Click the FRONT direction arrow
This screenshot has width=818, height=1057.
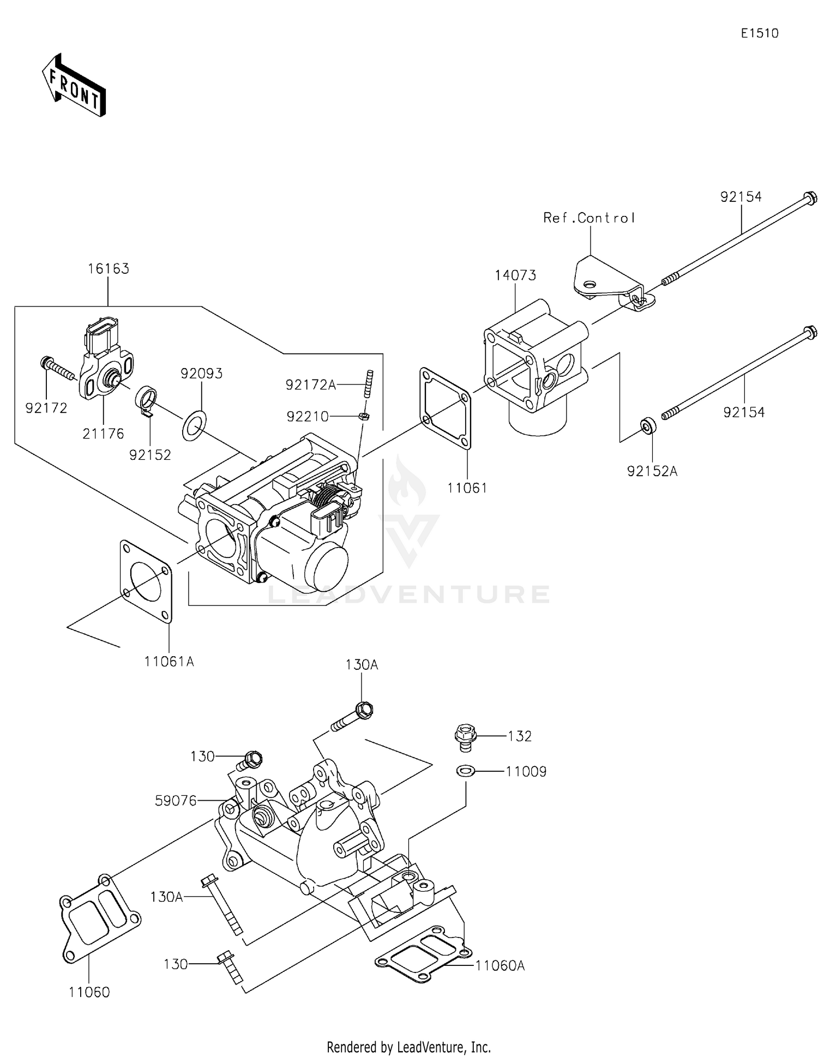(74, 86)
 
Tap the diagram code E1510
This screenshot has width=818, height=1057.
(759, 33)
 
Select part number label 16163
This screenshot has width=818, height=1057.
(108, 269)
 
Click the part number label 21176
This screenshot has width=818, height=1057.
(103, 434)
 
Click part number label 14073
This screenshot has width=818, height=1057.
(515, 275)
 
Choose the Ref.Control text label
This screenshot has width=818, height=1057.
(589, 218)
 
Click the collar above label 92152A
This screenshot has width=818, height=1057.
(648, 425)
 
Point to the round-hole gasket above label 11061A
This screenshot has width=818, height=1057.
(146, 581)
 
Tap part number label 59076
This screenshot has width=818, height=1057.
(176, 801)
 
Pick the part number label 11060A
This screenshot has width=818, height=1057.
(500, 966)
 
